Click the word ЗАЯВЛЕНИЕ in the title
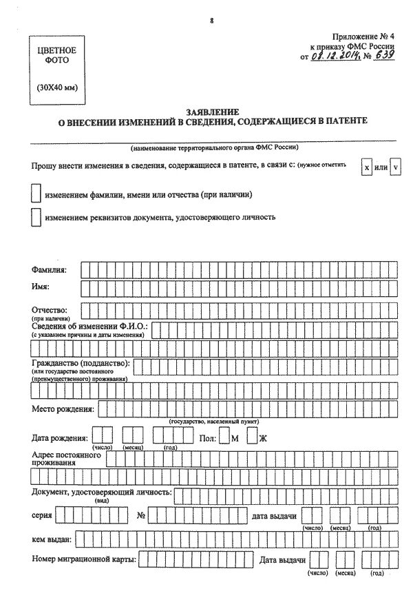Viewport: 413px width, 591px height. click(x=212, y=112)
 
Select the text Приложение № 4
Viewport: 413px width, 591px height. click(x=364, y=35)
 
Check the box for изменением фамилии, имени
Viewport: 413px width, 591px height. click(x=36, y=194)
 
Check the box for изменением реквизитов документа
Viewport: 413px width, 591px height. click(x=36, y=217)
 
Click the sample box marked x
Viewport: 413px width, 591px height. click(x=366, y=168)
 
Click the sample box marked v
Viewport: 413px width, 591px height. click(x=395, y=168)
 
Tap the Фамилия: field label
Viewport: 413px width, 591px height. click(x=49, y=269)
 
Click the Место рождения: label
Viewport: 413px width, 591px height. click(x=63, y=409)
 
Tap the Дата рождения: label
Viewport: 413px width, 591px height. click(x=59, y=438)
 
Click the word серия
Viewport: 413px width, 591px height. click(x=41, y=515)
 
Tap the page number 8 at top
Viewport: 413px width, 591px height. click(x=212, y=20)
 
